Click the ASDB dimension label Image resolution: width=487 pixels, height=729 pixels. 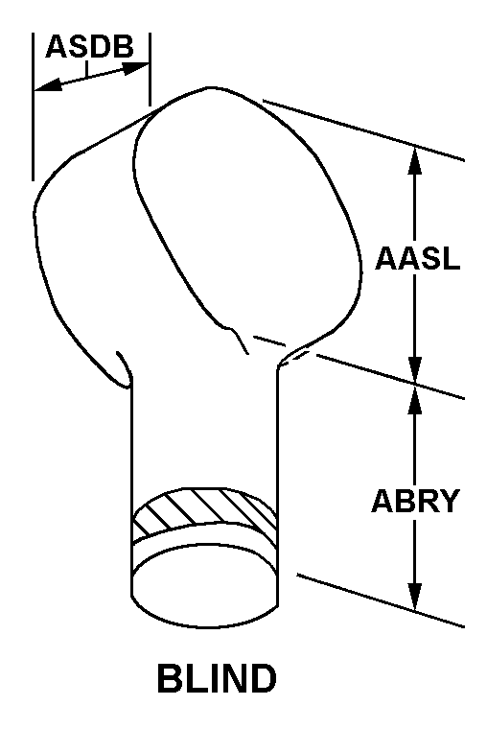(x=90, y=46)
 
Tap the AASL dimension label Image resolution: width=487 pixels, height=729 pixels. (x=418, y=258)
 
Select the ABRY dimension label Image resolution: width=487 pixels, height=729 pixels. (x=415, y=501)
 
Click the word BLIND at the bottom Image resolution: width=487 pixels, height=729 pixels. (x=217, y=678)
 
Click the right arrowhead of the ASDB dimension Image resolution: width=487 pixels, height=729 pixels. (x=135, y=68)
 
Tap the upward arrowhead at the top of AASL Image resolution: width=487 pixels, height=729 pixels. (x=414, y=160)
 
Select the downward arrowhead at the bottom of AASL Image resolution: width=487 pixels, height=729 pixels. (x=414, y=369)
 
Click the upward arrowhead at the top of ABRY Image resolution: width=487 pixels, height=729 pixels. (x=414, y=400)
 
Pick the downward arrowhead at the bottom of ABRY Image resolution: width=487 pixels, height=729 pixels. (x=414, y=596)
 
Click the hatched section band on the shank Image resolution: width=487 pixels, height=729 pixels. (x=204, y=511)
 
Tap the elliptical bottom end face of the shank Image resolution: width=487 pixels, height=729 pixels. (x=205, y=588)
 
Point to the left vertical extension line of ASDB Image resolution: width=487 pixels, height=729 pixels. (x=33, y=106)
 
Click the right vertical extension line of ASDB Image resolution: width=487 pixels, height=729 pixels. (x=150, y=69)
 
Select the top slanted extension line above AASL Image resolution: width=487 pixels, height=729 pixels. (x=363, y=129)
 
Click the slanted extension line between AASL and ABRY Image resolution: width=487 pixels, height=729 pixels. (x=390, y=376)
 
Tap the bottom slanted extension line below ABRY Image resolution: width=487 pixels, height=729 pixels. (x=381, y=600)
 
